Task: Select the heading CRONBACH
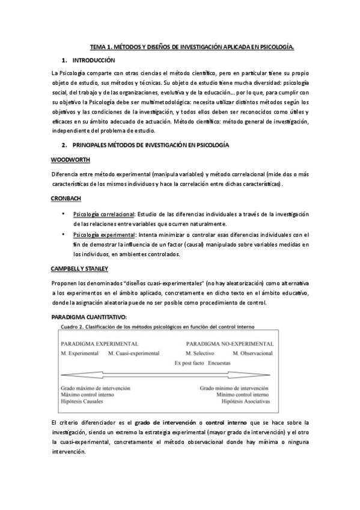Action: tap(67, 198)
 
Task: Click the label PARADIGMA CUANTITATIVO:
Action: tap(88, 316)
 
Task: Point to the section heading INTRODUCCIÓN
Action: tap(93, 61)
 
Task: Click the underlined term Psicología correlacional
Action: tap(103, 215)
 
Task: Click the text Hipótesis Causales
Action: tap(83, 401)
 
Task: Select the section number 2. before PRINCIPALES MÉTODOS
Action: tap(64, 145)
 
